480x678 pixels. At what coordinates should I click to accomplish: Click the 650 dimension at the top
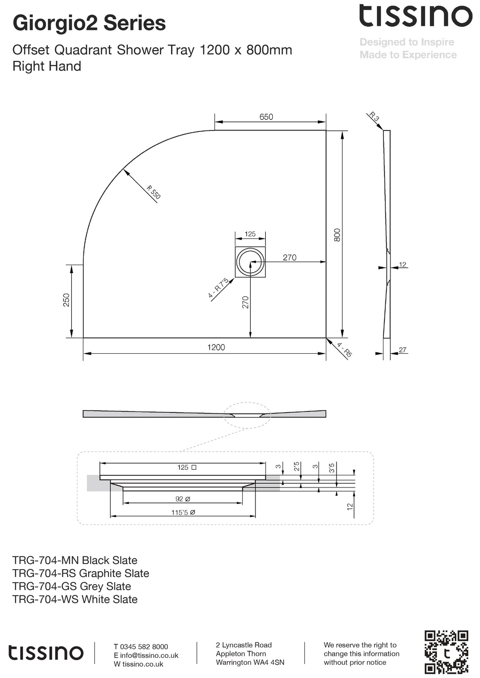[x=266, y=117]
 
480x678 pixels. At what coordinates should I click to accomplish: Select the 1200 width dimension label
[x=216, y=347]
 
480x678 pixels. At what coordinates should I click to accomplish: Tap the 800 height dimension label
[x=337, y=235]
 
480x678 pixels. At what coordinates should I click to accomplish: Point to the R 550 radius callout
[x=153, y=192]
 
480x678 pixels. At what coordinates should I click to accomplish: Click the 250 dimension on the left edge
[x=66, y=300]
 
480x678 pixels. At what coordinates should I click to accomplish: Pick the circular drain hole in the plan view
[x=250, y=262]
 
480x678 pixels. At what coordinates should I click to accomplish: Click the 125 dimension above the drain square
[x=250, y=234]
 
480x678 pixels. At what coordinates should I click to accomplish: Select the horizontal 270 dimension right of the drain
[x=290, y=258]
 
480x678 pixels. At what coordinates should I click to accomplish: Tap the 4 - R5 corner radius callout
[x=344, y=350]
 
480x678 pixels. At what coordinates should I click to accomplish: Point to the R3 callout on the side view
[x=374, y=117]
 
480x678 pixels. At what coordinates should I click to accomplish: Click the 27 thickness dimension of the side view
[x=403, y=350]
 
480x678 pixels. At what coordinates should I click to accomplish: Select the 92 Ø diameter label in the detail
[x=183, y=499]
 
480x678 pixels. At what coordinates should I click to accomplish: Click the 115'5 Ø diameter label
[x=183, y=512]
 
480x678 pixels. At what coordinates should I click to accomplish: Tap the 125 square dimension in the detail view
[x=187, y=467]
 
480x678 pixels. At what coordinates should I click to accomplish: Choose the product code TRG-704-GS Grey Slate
[x=72, y=586]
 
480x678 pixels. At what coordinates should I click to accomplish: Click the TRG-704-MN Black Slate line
[x=75, y=560]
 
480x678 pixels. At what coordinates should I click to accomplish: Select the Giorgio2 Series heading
[x=89, y=23]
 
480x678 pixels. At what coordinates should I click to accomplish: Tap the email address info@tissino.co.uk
[x=149, y=655]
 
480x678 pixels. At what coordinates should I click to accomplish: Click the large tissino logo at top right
[x=416, y=16]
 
